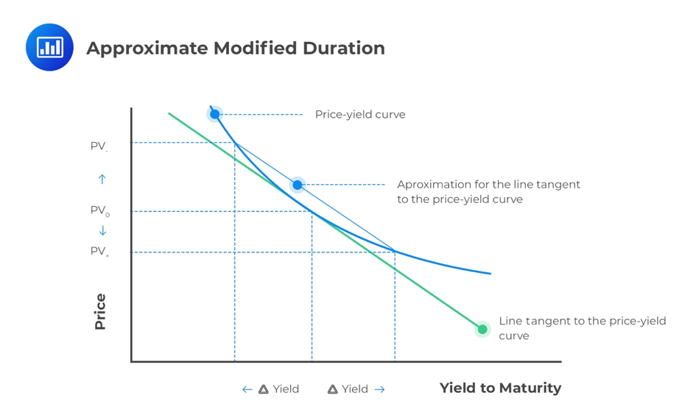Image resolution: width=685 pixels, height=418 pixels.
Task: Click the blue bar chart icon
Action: pos(49,48)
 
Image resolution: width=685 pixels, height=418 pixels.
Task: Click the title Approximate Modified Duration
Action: pos(236,49)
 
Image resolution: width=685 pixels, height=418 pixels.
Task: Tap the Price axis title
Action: pos(100,311)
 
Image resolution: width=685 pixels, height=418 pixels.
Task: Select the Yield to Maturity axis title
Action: pos(500,388)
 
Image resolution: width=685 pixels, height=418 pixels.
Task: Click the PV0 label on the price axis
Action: pos(99,211)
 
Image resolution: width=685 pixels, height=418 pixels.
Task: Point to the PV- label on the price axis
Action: pos(99,146)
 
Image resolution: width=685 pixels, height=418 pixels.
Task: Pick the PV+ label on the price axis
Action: pos(99,252)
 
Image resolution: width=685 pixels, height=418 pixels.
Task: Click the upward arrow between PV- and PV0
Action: pos(102,179)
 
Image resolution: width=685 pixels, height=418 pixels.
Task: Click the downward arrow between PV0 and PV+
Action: pos(102,230)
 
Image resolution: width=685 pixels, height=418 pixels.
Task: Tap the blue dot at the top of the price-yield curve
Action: pos(214,114)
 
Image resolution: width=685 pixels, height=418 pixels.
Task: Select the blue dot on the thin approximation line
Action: pos(297,185)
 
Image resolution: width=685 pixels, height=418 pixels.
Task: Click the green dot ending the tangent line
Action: pos(482,329)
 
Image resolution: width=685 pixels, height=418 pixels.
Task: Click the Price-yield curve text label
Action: pos(359,115)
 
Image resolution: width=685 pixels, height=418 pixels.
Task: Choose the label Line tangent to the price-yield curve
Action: pos(582,328)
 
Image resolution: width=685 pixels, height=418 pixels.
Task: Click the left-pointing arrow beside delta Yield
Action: pos(247,389)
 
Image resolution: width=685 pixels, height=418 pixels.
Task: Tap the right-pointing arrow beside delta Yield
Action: pos(379,389)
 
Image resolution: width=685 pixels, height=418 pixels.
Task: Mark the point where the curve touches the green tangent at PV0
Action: pos(312,212)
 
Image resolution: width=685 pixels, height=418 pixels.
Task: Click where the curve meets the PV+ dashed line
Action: pos(395,252)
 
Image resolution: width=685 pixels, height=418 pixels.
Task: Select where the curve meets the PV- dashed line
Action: pos(235,142)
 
